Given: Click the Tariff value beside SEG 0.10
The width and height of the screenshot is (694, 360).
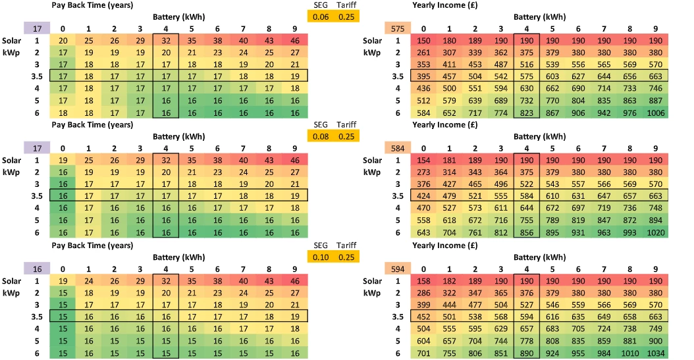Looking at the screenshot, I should [346, 255].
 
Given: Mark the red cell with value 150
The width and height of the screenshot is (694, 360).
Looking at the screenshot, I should [424, 41].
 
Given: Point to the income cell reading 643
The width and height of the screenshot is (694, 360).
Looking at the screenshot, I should [424, 232].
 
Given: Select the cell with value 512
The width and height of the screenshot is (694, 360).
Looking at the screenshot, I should [424, 101].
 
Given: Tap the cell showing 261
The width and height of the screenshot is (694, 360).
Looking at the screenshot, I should [424, 53].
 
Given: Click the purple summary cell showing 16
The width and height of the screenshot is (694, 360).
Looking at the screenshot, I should [37, 267].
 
